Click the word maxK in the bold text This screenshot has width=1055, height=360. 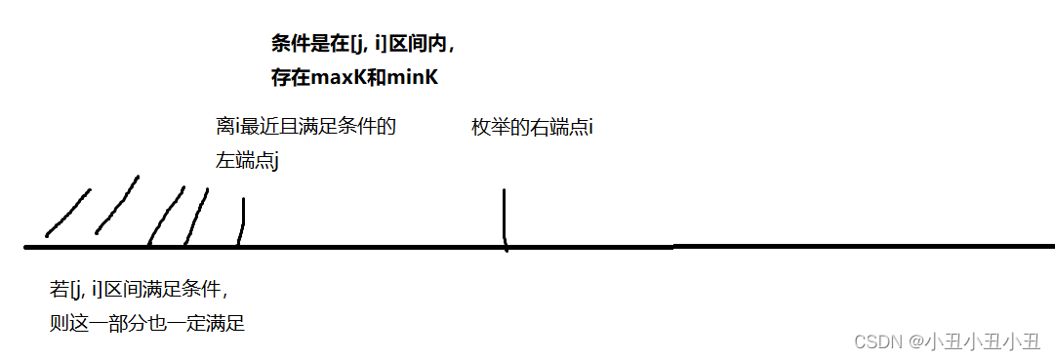tap(334, 77)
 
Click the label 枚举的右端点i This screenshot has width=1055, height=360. tap(532, 128)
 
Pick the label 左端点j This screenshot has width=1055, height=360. tap(248, 161)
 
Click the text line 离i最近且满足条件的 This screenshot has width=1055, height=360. tap(305, 128)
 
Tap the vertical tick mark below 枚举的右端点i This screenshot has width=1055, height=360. tap(505, 219)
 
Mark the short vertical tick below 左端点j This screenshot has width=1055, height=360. tap(242, 221)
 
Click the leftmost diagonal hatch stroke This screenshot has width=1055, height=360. tap(68, 213)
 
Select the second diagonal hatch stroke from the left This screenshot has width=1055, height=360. tap(117, 206)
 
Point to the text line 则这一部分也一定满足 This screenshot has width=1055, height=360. tap(146, 323)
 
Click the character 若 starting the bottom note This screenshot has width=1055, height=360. tap(59, 291)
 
